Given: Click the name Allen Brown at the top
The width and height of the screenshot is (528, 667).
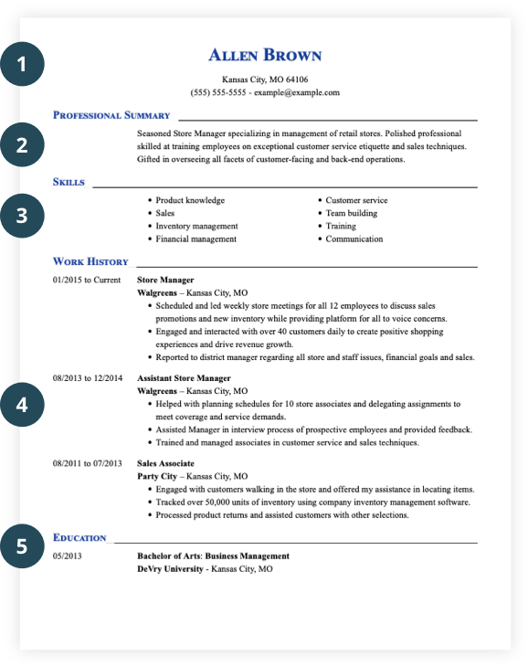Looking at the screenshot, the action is (265, 56).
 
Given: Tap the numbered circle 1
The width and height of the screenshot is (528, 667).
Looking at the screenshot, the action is (22, 65).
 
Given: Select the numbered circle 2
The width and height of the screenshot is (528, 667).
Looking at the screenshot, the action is (22, 144).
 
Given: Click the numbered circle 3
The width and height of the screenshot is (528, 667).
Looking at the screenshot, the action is (22, 217).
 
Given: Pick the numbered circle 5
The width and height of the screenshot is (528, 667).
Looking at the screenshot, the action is (22, 545).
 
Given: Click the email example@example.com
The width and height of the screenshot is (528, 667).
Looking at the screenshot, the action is (297, 92).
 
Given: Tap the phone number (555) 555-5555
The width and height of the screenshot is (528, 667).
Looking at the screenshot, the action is (218, 92).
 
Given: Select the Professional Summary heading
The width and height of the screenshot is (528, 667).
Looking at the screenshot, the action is (111, 115).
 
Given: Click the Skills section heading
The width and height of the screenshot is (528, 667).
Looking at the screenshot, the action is (69, 182).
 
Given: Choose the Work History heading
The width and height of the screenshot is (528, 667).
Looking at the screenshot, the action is (90, 261).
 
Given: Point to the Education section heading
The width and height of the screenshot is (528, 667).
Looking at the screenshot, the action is (79, 537).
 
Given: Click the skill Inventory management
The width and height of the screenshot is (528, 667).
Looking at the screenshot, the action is (196, 226).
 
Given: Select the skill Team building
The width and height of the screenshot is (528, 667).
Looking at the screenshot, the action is (351, 213).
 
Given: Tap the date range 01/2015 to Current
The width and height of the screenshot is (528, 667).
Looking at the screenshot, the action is (87, 280).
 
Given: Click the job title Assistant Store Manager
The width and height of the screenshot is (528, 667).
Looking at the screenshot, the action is (184, 377).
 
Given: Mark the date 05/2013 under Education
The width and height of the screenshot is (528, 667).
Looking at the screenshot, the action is (68, 556).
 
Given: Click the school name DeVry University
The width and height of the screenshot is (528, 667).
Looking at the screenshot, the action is (170, 568).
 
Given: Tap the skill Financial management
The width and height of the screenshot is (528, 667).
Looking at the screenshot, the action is (195, 238).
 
